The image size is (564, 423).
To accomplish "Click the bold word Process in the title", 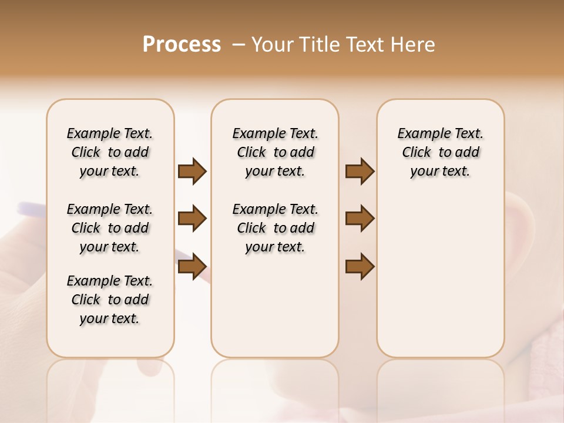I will click(x=182, y=45).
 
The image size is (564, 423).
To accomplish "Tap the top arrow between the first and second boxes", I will click(x=192, y=172).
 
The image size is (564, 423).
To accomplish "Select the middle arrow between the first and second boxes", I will click(x=192, y=219).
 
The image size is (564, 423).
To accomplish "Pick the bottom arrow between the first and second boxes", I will click(x=192, y=267).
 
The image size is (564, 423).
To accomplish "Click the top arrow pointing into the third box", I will click(x=360, y=172).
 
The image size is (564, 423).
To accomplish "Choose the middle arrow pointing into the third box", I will click(x=360, y=219).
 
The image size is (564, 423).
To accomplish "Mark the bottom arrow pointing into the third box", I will click(x=360, y=267).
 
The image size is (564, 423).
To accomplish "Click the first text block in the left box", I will click(x=110, y=152).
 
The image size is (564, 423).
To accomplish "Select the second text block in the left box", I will click(x=110, y=228).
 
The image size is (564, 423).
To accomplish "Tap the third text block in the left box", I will click(x=110, y=300).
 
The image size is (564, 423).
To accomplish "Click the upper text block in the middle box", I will click(x=276, y=152).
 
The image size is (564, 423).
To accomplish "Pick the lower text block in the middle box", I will click(x=276, y=228).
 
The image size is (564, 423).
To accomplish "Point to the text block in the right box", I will click(x=441, y=152).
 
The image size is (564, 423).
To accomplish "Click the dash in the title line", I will click(x=239, y=45).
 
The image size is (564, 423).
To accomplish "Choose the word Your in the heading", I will click(x=273, y=45).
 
